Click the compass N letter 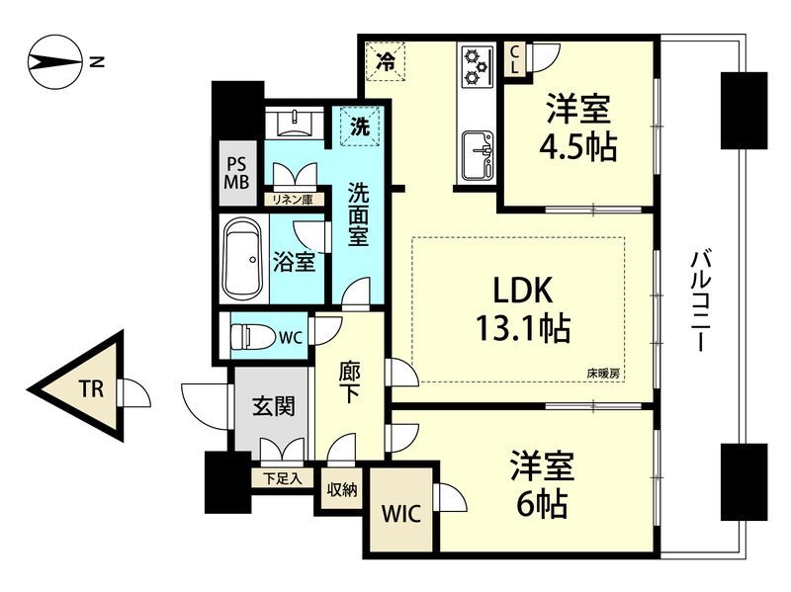(96, 62)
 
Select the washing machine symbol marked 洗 (361, 127)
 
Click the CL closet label (515, 61)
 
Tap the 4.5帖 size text (577, 147)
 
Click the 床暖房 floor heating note (603, 374)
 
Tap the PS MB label (236, 173)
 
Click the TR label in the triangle (90, 388)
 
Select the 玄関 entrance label (270, 405)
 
